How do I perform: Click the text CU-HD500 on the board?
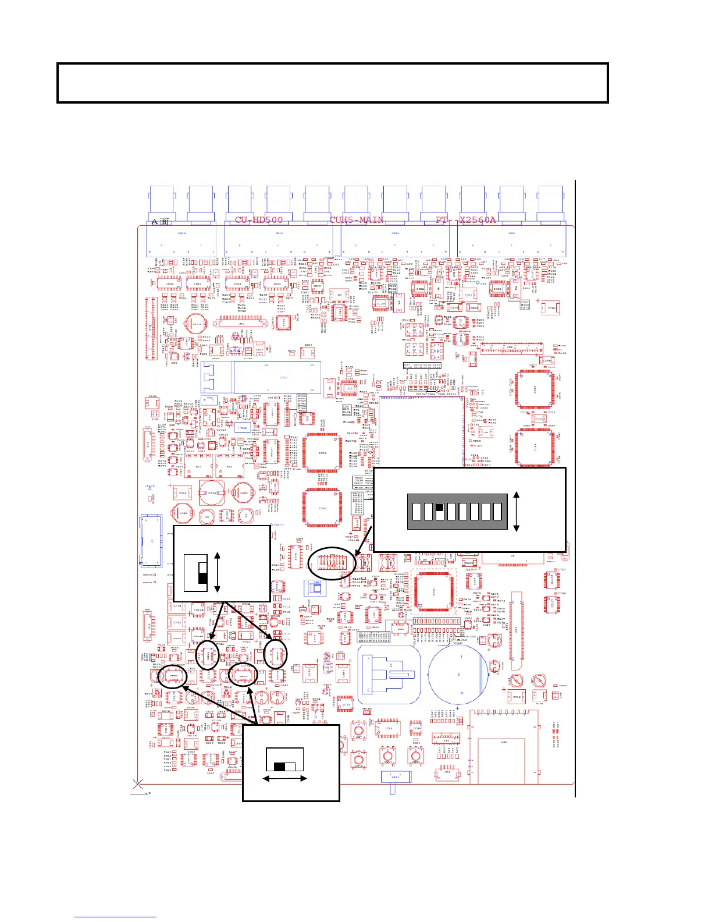pyautogui.click(x=259, y=220)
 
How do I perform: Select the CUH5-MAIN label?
pyautogui.click(x=357, y=220)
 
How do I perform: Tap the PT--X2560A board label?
pyautogui.click(x=466, y=220)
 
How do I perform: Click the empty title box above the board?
pyautogui.click(x=332, y=83)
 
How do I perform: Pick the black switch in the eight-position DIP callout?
pyautogui.click(x=440, y=508)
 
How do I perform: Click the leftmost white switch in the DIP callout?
pyautogui.click(x=416, y=512)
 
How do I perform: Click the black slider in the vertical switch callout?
pyautogui.click(x=202, y=577)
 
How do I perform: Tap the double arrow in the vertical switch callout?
pyautogui.click(x=217, y=573)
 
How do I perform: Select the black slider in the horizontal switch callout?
pyautogui.click(x=280, y=767)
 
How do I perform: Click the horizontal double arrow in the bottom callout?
pyautogui.click(x=285, y=778)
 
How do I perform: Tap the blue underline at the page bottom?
pyautogui.click(x=115, y=917)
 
